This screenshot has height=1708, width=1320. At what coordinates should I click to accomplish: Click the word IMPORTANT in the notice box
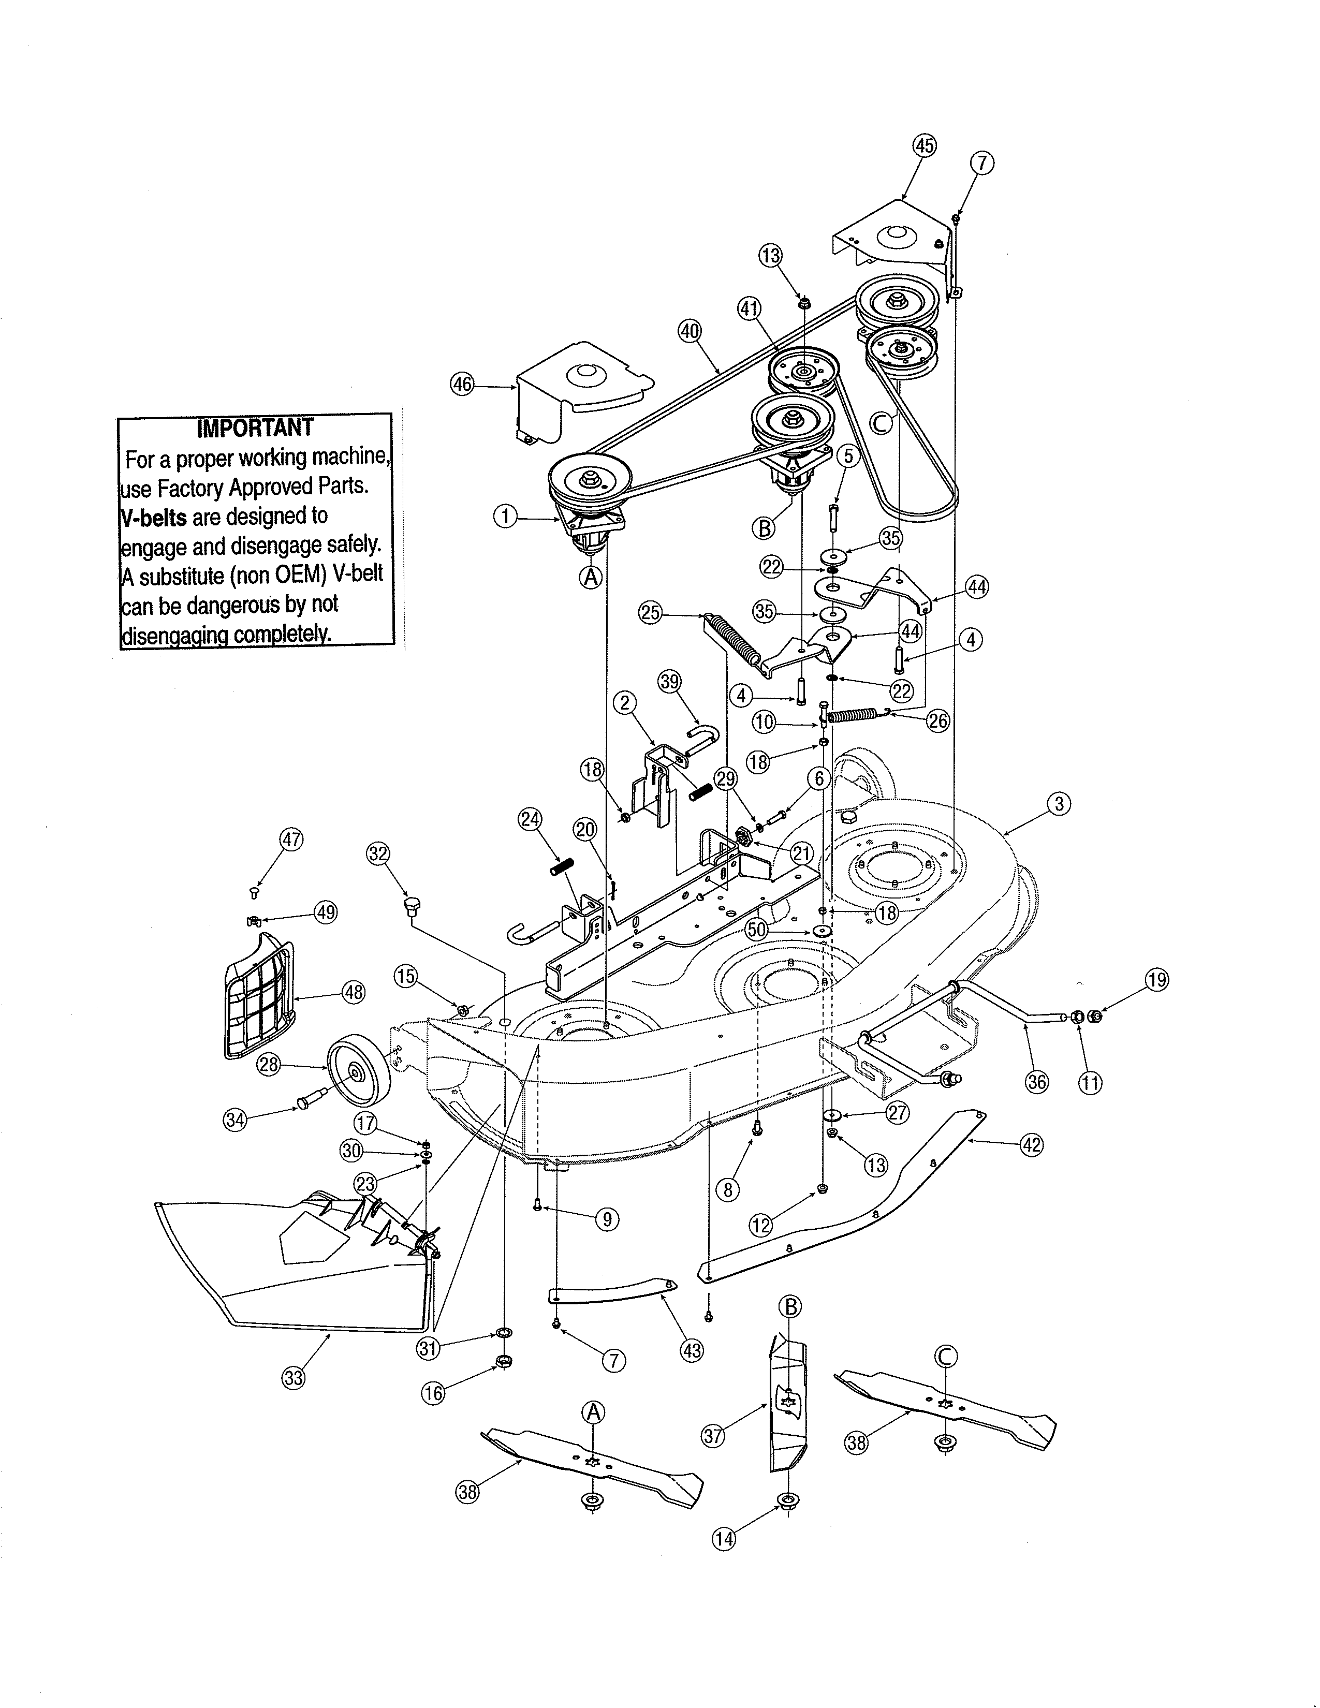(254, 428)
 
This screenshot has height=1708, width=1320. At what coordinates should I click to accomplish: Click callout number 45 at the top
(925, 146)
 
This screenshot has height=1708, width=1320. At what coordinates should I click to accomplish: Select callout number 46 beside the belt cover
(463, 384)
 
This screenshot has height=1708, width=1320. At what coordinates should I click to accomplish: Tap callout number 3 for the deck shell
(1058, 804)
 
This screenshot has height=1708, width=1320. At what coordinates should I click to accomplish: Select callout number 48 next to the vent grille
(354, 992)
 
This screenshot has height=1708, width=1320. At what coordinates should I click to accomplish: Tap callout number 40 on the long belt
(689, 330)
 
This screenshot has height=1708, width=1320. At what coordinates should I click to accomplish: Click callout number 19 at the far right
(1156, 980)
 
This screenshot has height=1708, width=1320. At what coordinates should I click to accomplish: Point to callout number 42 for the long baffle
(1032, 1144)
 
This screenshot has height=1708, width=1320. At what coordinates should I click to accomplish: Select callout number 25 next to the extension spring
(651, 612)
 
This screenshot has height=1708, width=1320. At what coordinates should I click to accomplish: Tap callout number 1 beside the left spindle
(506, 516)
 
